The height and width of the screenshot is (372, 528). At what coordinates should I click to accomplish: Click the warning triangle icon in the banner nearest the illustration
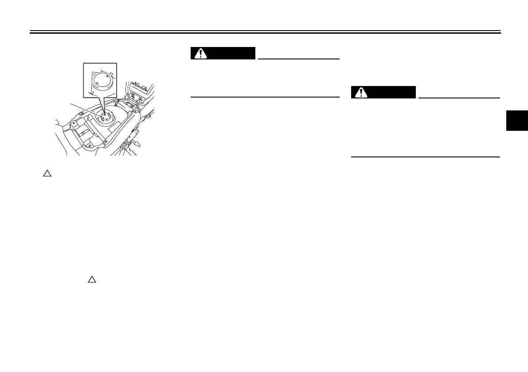[202, 53]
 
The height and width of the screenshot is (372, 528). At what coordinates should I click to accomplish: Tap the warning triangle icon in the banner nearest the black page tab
[362, 92]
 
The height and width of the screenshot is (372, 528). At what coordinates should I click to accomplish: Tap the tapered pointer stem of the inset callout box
[103, 106]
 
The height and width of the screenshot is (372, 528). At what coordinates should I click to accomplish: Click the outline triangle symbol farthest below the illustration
[91, 279]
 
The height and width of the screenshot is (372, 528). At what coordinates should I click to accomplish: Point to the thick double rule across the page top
[265, 32]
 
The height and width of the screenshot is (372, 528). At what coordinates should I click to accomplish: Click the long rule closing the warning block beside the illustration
[265, 97]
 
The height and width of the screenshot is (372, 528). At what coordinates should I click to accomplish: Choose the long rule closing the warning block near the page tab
[425, 157]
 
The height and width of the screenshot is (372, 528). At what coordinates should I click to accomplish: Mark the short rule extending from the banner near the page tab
[459, 98]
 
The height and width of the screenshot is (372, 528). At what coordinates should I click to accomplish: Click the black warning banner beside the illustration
[223, 53]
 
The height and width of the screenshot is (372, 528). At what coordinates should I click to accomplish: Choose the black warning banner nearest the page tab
[383, 92]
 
